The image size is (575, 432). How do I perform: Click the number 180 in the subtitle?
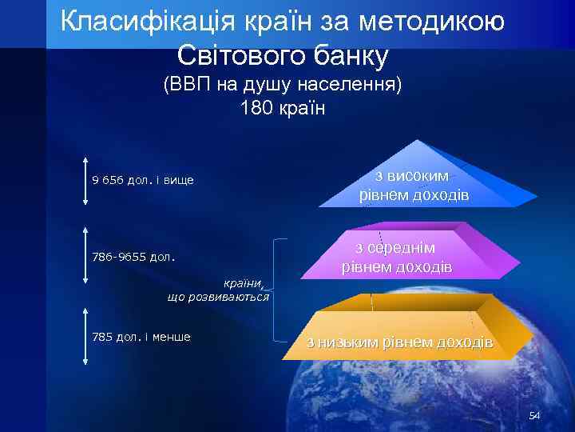pyautogui.click(x=255, y=107)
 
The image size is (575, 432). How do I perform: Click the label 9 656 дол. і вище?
pyautogui.click(x=143, y=180)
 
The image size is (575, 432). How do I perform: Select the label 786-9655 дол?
pyautogui.click(x=133, y=258)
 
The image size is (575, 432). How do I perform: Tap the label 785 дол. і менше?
pyautogui.click(x=141, y=336)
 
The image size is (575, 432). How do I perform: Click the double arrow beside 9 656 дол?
pyautogui.click(x=85, y=182)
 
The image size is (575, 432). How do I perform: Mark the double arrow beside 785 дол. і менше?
pyautogui.click(x=85, y=337)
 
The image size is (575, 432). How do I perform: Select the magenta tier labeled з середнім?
pyautogui.click(x=397, y=256)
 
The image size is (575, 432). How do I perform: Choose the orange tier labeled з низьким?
pyautogui.click(x=399, y=336)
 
